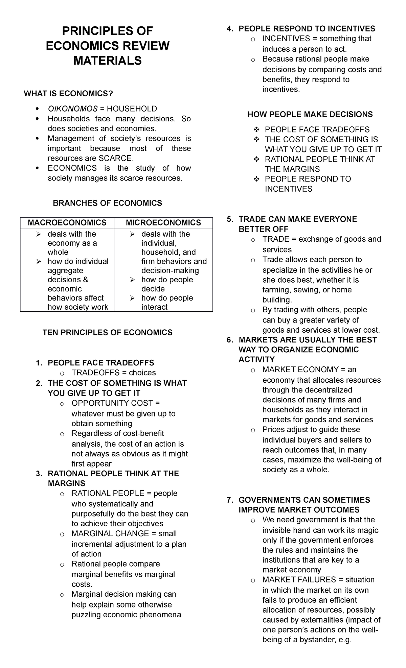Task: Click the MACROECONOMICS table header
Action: (x=67, y=223)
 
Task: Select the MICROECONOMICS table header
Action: (x=163, y=223)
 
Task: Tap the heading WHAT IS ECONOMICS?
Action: (x=68, y=94)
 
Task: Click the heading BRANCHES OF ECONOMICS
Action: (x=107, y=203)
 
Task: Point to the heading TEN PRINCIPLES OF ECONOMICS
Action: (x=107, y=333)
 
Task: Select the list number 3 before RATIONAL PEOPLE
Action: (x=39, y=474)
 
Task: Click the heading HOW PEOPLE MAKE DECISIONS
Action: (x=310, y=115)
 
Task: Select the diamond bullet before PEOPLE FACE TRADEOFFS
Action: (x=256, y=130)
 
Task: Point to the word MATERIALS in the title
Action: (x=107, y=61)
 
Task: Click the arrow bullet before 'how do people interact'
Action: (x=133, y=298)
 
